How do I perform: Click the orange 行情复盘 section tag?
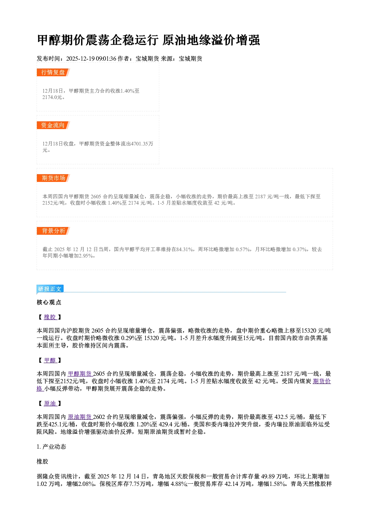click(x=53, y=72)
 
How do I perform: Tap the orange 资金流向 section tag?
click(x=53, y=125)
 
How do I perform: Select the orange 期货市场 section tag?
click(x=53, y=178)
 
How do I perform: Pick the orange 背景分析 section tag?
click(x=53, y=231)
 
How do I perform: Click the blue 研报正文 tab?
click(x=50, y=289)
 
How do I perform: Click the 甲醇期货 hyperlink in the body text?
click(x=80, y=374)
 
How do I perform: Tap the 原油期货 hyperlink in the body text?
click(x=80, y=417)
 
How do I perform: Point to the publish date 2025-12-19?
click(x=80, y=58)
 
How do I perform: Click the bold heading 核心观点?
click(x=49, y=302)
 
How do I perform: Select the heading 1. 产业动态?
click(x=51, y=447)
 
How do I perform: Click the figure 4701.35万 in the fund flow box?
click(x=142, y=144)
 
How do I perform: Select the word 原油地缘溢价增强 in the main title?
click(x=211, y=40)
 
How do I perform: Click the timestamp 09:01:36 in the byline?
click(x=106, y=58)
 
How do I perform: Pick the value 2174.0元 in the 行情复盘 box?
click(x=52, y=97)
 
